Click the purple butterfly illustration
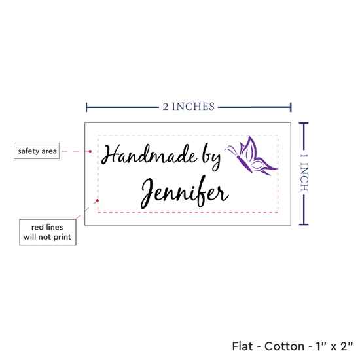pyautogui.click(x=251, y=156)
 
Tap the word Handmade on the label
pyautogui.click(x=149, y=154)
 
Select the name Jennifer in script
pyautogui.click(x=185, y=192)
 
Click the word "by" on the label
pyautogui.click(x=211, y=157)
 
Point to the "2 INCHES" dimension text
pyautogui.click(x=189, y=107)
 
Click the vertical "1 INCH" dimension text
pyautogui.click(x=304, y=173)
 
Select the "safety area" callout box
pyautogui.click(x=37, y=151)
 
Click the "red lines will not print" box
pyautogui.click(x=48, y=232)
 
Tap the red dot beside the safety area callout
pyautogui.click(x=90, y=151)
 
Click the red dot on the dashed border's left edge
pyautogui.click(x=98, y=200)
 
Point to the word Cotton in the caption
pyautogui.click(x=284, y=346)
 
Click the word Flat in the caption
pyautogui.click(x=242, y=346)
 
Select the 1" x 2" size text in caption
pyautogui.click(x=334, y=346)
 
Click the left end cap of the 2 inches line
pyautogui.click(x=86, y=107)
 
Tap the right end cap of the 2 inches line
pyautogui.click(x=291, y=107)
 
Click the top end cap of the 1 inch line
pyautogui.click(x=304, y=124)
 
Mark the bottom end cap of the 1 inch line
pyautogui.click(x=304, y=225)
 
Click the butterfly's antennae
pyautogui.click(x=232, y=150)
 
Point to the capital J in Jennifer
pyautogui.click(x=147, y=193)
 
